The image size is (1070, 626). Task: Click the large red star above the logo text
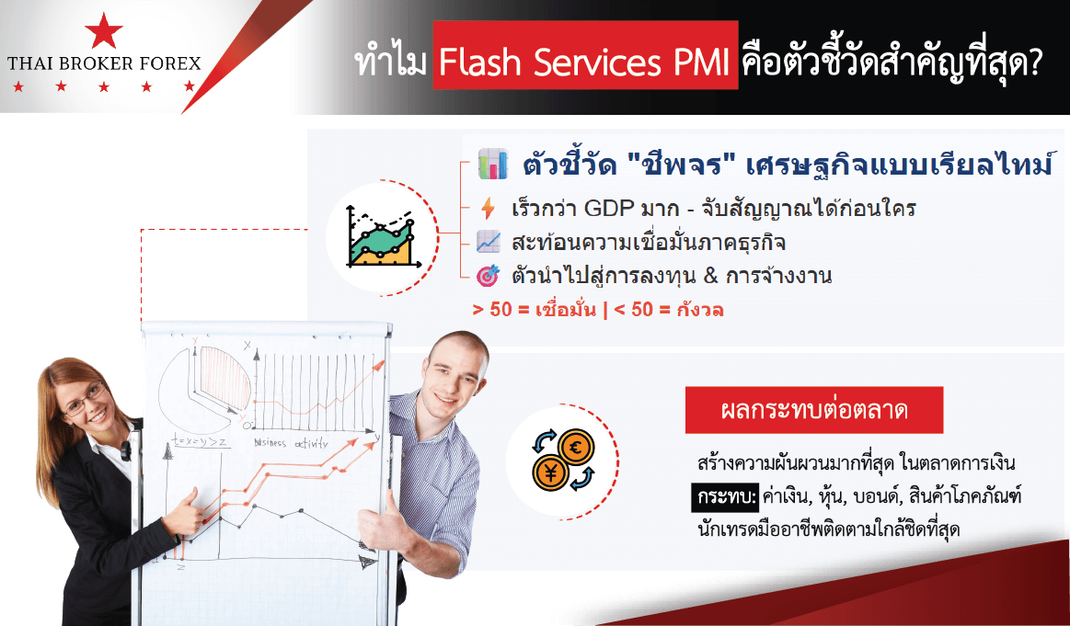(x=104, y=30)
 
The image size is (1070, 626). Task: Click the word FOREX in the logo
(x=170, y=64)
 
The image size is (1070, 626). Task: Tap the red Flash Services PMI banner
(x=585, y=55)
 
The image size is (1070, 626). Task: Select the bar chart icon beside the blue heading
(x=492, y=164)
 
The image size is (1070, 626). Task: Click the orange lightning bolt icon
(x=488, y=208)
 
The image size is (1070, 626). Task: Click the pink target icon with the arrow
(x=488, y=276)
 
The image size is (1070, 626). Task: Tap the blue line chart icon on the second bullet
(x=488, y=242)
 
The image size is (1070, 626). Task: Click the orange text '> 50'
(x=492, y=310)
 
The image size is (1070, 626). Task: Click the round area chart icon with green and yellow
(x=382, y=236)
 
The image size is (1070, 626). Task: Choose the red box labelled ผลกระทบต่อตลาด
(x=814, y=411)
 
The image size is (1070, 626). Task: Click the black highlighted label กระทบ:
(x=725, y=497)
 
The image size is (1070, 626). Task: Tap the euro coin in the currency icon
(x=576, y=448)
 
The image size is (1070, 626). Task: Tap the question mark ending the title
(x=1033, y=62)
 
